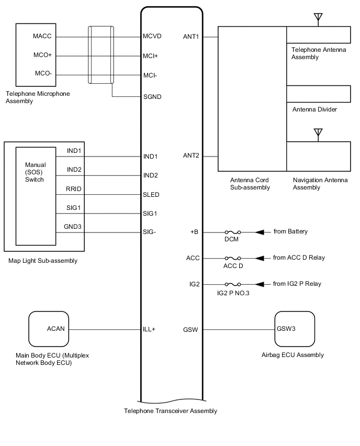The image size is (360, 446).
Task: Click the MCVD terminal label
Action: point(152,37)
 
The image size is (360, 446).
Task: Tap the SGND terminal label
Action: point(152,97)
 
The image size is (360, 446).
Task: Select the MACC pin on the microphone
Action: point(42,37)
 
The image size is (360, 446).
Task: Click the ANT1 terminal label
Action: point(191,37)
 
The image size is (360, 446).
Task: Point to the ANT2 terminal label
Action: point(191,155)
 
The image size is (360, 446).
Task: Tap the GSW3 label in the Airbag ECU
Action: point(286,329)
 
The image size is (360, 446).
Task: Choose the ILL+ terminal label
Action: point(150,329)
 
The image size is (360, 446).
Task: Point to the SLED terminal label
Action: point(151,195)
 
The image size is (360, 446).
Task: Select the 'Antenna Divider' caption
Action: point(314,109)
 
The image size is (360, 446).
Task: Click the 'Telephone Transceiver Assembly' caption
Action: point(170,411)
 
